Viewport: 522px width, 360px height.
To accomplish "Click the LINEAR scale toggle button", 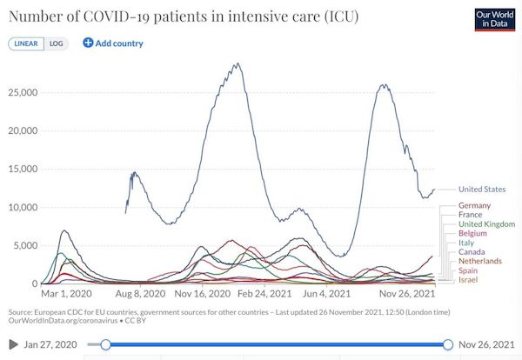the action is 26,44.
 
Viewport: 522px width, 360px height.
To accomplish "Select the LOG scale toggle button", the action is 56,44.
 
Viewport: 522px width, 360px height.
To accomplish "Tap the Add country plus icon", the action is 88,43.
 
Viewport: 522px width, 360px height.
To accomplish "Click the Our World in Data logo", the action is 495,20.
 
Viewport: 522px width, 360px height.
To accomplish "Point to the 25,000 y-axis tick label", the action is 23,92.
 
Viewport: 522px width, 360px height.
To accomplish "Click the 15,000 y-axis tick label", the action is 23,169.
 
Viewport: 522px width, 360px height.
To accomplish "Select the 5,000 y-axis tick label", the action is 25,245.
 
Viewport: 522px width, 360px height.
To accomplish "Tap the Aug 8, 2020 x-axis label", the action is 140,294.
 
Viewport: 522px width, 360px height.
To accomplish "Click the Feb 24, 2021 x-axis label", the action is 264,294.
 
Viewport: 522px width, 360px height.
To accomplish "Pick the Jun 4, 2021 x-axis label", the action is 326,294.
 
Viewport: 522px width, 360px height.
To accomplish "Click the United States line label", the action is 482,190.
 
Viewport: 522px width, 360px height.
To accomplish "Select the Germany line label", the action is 474,205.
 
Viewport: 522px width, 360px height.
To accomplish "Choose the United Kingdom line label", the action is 486,224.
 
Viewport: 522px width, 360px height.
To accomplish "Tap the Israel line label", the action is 468,280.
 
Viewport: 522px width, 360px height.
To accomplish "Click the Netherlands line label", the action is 480,261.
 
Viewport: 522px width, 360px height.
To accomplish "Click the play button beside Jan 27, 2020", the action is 13,344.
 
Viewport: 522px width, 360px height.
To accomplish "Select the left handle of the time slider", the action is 105,344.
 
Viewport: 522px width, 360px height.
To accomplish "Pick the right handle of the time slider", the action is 448,344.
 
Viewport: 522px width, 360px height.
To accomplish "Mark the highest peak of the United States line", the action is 238,63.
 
